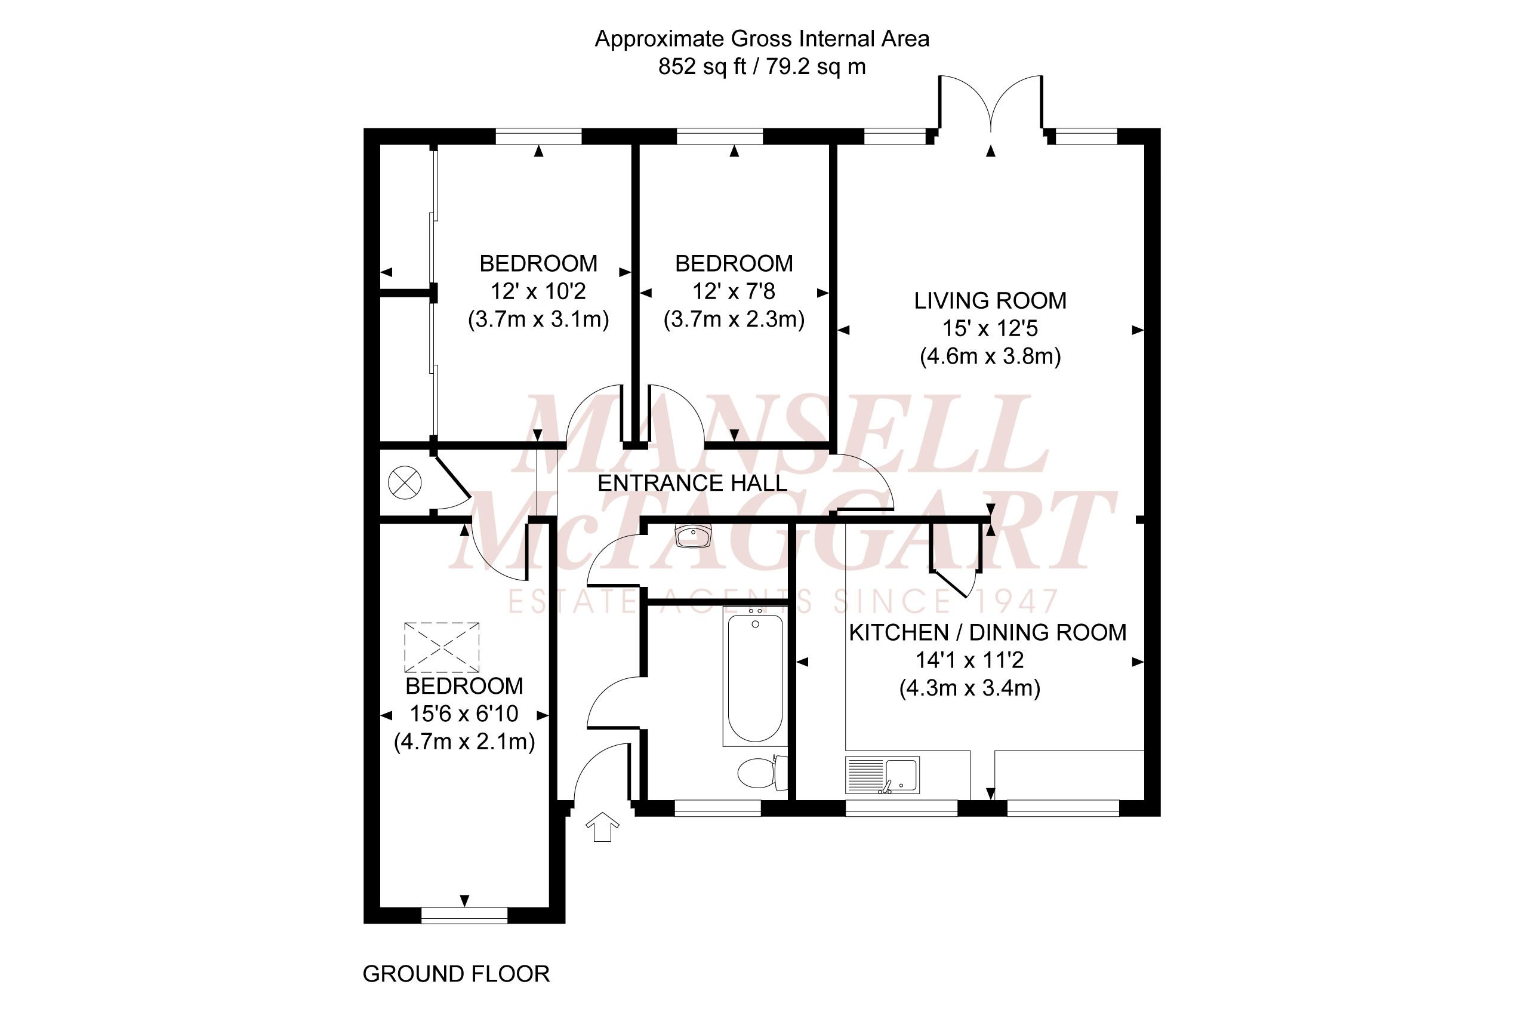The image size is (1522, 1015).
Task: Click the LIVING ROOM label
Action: point(990,301)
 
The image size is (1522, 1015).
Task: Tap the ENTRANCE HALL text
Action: point(692,484)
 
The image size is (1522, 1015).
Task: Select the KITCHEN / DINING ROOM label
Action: point(987,632)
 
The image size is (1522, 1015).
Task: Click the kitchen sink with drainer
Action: point(882,776)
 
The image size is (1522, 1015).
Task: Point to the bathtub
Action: point(754,677)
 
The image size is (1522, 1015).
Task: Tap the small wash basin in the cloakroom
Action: point(692,536)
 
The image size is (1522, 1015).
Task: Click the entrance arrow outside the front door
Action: point(602,828)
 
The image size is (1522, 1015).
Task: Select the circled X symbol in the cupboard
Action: point(405,483)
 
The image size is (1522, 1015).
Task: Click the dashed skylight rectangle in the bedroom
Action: point(442,647)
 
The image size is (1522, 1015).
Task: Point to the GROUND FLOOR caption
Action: point(455,974)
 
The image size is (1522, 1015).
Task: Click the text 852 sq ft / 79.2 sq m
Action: point(762,67)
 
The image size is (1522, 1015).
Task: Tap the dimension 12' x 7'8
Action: point(733,292)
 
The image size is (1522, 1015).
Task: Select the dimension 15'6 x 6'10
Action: point(464,714)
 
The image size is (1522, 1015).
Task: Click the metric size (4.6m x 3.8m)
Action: point(990,356)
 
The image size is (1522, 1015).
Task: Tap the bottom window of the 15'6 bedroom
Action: point(464,915)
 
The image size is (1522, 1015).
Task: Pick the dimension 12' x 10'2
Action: point(538,292)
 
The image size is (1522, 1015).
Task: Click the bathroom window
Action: point(717,808)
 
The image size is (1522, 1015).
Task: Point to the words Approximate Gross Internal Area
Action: point(762,39)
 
